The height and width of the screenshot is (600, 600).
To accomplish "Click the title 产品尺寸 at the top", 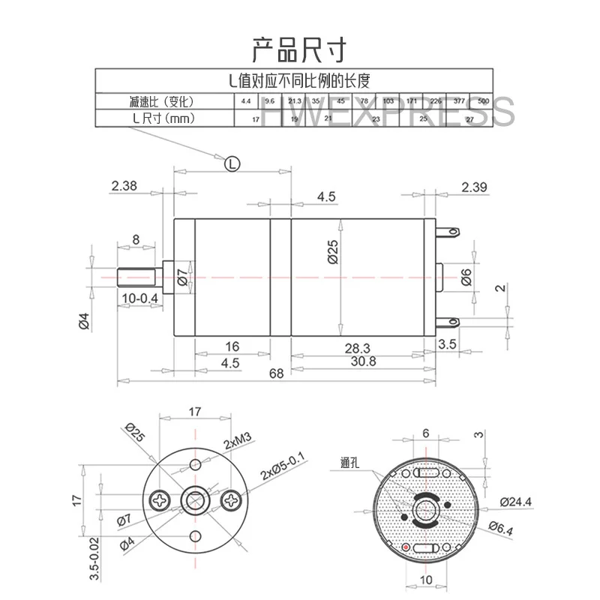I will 299,49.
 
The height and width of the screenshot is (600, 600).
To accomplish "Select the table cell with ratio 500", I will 483,101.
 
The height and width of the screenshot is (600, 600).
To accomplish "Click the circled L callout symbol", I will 232,162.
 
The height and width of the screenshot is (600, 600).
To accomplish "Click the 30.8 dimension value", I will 363,361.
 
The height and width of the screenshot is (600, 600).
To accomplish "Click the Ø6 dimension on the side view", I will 466,277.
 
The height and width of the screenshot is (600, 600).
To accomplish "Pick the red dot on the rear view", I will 406,548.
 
